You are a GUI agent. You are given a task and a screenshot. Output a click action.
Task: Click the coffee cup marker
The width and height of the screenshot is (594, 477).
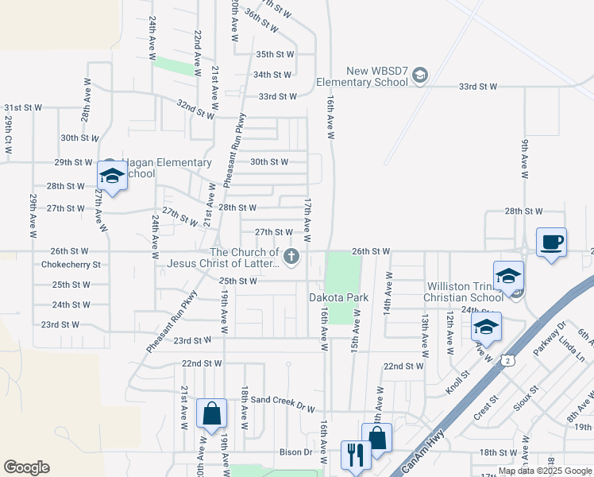pos(551,242)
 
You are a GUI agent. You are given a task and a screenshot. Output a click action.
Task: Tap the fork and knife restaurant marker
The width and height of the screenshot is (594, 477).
pos(355,455)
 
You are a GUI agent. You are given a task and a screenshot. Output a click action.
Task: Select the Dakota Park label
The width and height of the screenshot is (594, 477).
pos(339,297)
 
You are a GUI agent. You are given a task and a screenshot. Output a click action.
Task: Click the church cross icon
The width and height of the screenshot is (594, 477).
pos(291,256)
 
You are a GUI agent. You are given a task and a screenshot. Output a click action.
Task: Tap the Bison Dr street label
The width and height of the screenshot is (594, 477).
pos(296,452)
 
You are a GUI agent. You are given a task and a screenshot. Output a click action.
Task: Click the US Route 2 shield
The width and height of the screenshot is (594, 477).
pos(506,361)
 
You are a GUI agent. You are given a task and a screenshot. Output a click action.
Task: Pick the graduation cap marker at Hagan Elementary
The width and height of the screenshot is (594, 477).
pos(112,176)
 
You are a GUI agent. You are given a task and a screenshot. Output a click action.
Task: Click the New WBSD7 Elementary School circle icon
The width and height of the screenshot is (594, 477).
pos(419,76)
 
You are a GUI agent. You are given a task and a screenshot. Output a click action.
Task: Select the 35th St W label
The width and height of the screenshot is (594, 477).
pos(275,54)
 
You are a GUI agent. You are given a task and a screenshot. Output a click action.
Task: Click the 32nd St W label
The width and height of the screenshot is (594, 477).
pos(196,105)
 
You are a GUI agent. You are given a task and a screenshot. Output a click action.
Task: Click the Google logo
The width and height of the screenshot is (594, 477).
pos(26,467)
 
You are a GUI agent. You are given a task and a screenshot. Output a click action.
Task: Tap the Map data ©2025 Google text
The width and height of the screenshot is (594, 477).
pos(544,471)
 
